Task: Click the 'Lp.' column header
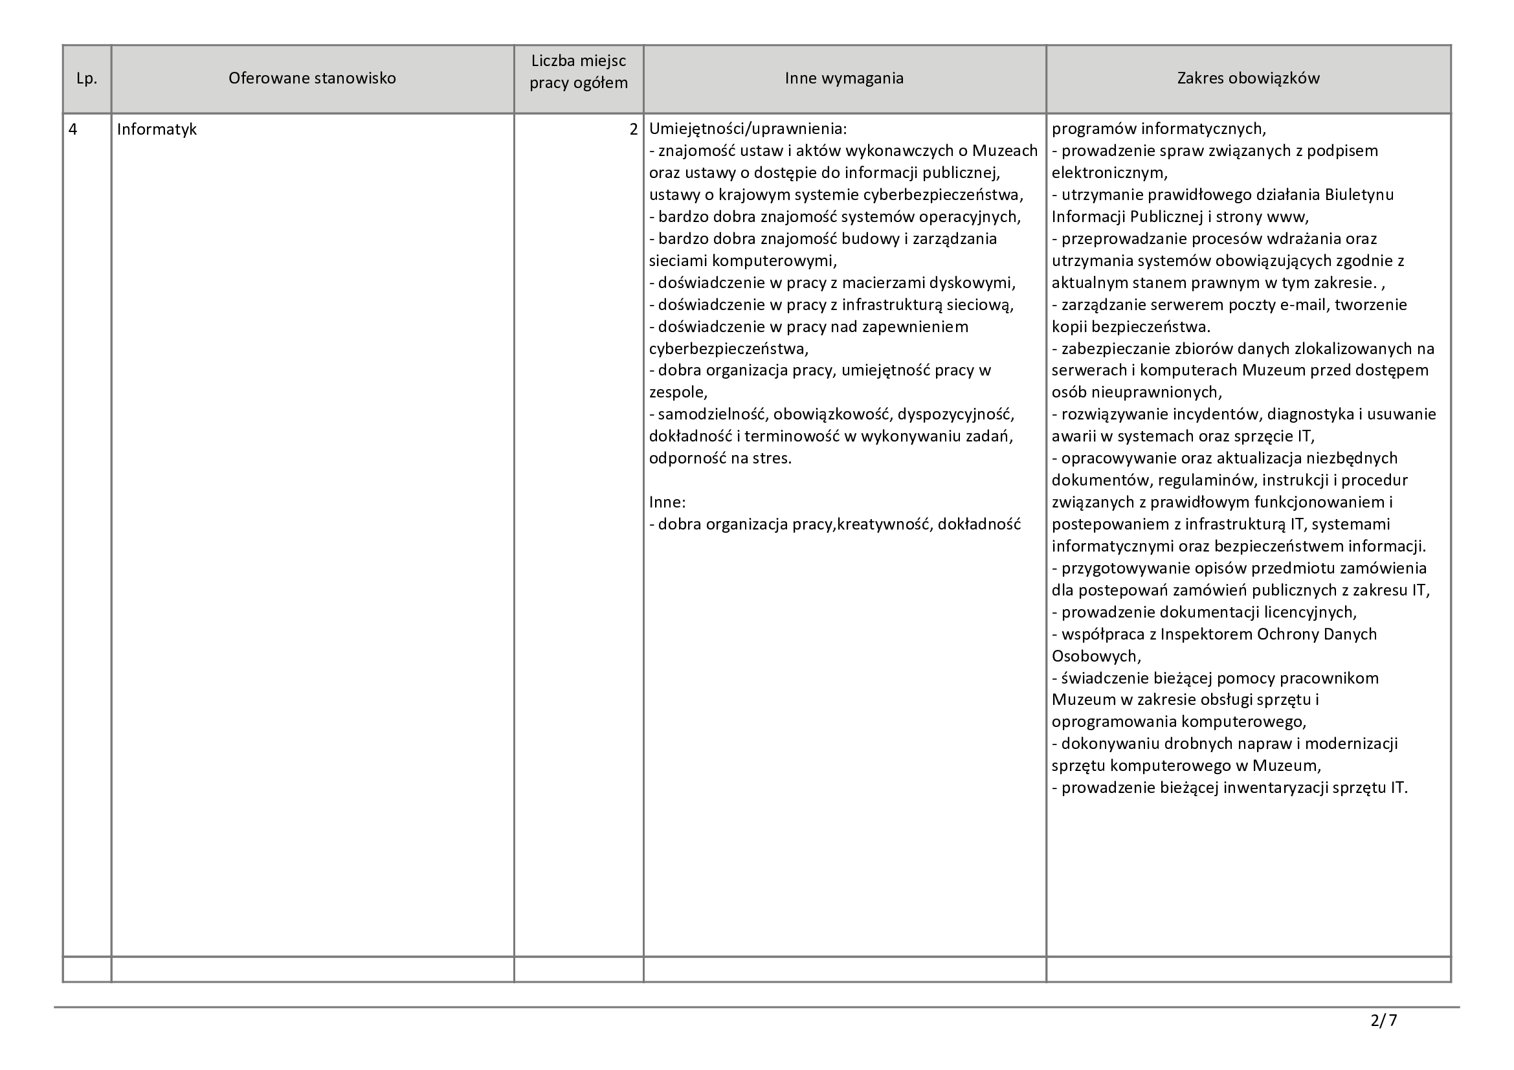86,78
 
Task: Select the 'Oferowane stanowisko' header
312,78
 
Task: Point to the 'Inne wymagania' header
844,78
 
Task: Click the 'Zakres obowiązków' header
1248,78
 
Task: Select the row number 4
73,129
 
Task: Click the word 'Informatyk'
157,129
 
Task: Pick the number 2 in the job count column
634,129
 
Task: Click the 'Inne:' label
667,502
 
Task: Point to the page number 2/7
1383,1021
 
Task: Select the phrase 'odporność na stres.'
720,458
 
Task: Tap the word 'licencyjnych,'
1310,612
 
